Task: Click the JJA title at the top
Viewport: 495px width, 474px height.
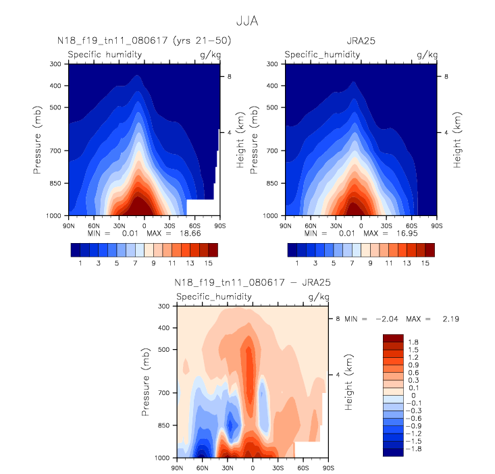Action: pyautogui.click(x=246, y=22)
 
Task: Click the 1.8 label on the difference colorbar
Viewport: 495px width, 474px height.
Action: pyautogui.click(x=413, y=342)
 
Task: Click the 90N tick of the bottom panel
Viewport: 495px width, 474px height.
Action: pyautogui.click(x=177, y=467)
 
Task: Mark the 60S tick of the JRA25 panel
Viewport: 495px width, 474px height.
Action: pyautogui.click(x=411, y=224)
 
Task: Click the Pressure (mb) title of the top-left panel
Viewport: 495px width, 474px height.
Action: pyautogui.click(x=38, y=140)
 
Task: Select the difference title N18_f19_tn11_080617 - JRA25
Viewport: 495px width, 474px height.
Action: pyautogui.click(x=253, y=283)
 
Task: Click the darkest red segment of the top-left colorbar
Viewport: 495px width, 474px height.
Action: pyautogui.click(x=213, y=250)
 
